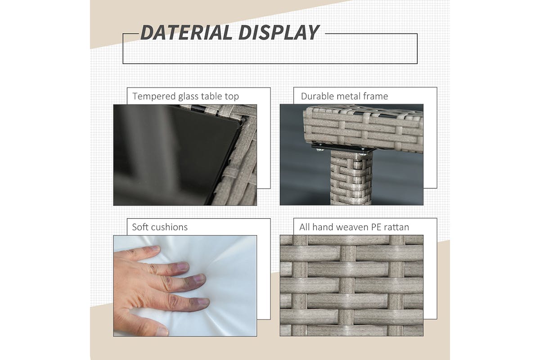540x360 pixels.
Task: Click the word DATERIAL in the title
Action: coord(186,32)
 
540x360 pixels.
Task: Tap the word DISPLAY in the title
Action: coord(279,32)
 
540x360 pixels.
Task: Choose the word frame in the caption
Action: coord(376,96)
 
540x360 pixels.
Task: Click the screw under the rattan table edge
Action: coord(319,150)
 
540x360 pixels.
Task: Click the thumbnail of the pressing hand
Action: coord(162,331)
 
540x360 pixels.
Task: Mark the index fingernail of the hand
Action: coord(183,266)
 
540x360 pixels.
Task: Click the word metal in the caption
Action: coord(349,96)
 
